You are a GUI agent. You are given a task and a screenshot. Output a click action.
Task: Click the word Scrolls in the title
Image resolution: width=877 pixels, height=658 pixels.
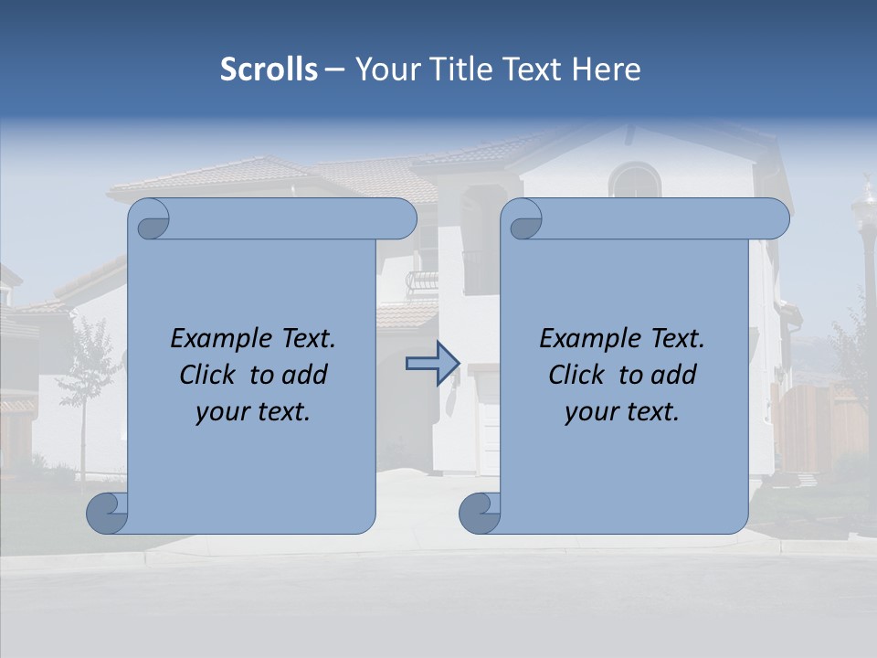(x=269, y=69)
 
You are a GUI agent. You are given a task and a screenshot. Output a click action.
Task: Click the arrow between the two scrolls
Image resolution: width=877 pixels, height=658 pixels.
(x=432, y=364)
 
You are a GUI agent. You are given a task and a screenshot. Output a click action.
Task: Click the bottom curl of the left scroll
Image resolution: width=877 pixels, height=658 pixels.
(x=106, y=513)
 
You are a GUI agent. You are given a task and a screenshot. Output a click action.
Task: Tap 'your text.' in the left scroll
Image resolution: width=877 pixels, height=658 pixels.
(x=253, y=412)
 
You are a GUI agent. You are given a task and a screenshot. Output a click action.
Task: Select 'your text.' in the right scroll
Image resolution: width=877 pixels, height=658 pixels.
(x=622, y=412)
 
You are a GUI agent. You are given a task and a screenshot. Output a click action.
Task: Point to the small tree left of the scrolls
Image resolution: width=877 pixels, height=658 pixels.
(x=88, y=366)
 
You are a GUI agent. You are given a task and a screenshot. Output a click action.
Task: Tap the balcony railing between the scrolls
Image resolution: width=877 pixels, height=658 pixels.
(x=422, y=281)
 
